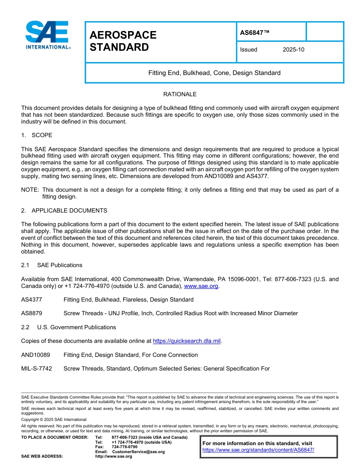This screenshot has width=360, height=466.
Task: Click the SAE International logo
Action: click(x=47, y=35)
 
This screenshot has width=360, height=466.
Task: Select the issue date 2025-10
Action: click(x=293, y=50)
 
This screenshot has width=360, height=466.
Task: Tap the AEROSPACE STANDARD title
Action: click(x=123, y=41)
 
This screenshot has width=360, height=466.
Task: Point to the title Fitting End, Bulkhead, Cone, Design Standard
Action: click(x=214, y=73)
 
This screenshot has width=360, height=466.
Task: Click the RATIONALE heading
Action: click(x=180, y=94)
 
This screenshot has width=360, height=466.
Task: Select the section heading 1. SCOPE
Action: click(x=37, y=135)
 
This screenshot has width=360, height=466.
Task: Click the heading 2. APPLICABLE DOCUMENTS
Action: click(x=64, y=210)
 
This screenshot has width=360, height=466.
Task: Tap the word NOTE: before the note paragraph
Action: click(x=30, y=190)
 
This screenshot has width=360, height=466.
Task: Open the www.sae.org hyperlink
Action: click(x=201, y=286)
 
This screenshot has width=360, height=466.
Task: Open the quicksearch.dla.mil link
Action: click(x=187, y=341)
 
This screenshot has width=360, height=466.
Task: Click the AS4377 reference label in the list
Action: click(x=32, y=300)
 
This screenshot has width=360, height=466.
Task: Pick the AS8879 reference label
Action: click(x=32, y=313)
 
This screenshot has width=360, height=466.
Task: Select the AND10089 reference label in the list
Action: click(x=35, y=355)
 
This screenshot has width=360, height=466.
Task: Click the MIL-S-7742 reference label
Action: click(x=37, y=369)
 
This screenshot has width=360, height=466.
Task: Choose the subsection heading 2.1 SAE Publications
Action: click(x=52, y=265)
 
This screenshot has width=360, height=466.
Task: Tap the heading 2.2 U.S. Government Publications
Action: click(x=69, y=327)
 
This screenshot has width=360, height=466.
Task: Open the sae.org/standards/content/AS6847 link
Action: click(x=258, y=450)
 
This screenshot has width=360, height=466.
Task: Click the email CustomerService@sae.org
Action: click(x=138, y=452)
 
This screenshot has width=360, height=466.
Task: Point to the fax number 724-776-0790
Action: click(x=125, y=447)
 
